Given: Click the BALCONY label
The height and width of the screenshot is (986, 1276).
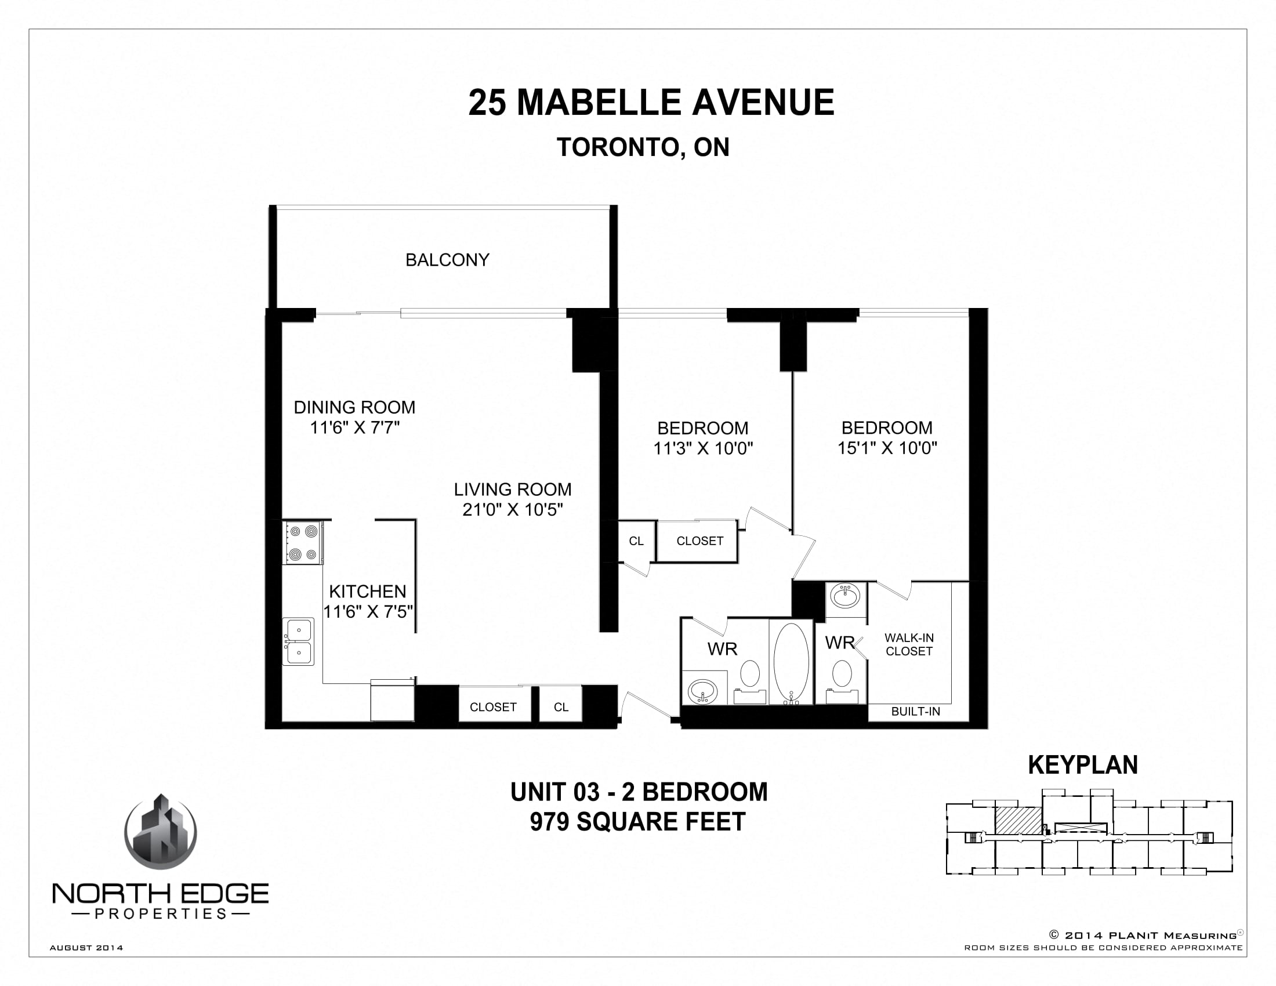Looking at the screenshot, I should point(447,260).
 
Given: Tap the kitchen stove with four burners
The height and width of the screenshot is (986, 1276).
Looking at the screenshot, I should point(303,543).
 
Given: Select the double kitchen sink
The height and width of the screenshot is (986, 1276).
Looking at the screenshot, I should point(299,641).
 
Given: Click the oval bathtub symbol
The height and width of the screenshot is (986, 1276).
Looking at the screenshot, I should point(791,662).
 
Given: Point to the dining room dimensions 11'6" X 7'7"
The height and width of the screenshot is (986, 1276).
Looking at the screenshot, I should point(354,427).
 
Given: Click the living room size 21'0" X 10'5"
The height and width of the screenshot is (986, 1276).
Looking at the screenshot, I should point(512,509).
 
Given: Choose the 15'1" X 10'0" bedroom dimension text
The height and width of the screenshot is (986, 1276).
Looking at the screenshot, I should point(887,448).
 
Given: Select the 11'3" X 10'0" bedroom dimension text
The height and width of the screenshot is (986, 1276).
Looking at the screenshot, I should point(703,448).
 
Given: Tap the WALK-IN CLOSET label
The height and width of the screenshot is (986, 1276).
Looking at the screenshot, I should point(908,644).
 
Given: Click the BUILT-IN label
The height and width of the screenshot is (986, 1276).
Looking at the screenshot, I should point(915,712).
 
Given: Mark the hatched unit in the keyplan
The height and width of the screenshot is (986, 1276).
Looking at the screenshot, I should point(1018,820).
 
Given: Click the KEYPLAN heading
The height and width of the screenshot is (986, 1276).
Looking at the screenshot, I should point(1083,764).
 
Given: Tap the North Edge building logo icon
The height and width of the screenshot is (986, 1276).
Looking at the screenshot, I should point(161,832).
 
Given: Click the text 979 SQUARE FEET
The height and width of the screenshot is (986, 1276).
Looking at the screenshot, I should point(637,822).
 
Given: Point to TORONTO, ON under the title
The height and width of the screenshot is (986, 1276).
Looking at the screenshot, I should point(643,147).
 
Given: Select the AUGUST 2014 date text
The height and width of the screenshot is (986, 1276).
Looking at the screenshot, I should point(86,948).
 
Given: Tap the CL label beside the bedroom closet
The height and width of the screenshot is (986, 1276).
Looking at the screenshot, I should point(636,541).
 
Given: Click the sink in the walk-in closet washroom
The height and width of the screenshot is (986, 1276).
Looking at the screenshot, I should point(846,597).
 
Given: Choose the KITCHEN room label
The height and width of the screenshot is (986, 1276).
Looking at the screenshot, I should point(367,591).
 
